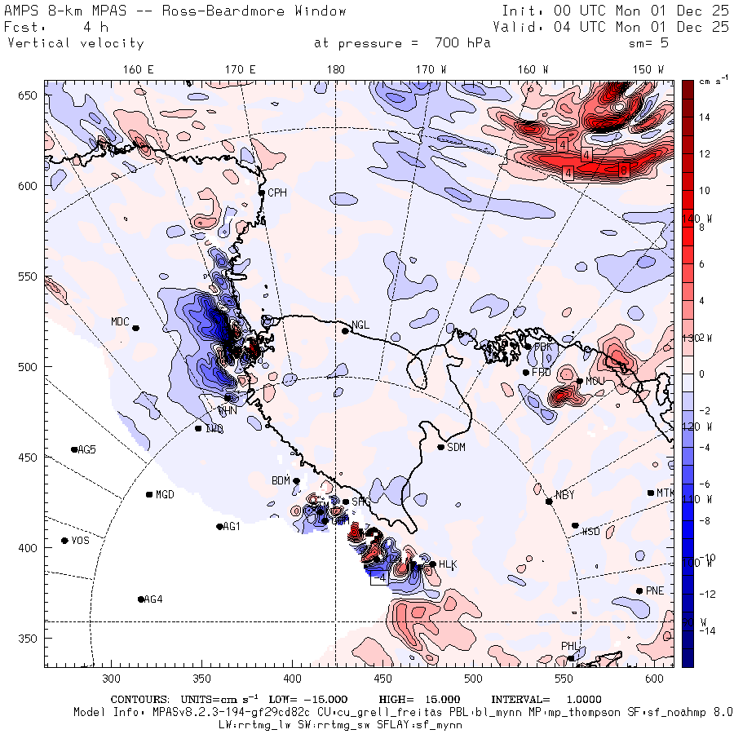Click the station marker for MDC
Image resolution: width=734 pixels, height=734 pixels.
(x=136, y=328)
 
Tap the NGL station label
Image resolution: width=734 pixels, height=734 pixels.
(x=360, y=325)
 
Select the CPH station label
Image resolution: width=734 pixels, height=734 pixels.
(x=278, y=193)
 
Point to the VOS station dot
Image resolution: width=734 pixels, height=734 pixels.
(x=64, y=541)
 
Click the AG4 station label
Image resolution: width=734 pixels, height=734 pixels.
(x=153, y=599)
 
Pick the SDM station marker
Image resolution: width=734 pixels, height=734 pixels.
(x=441, y=447)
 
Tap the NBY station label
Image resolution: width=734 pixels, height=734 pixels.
(x=564, y=495)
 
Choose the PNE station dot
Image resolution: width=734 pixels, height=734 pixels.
(x=639, y=590)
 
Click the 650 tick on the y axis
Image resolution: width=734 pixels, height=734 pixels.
(x=31, y=96)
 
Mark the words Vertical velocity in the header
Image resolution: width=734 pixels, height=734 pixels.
(x=75, y=43)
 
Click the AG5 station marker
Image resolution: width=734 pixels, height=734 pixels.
(x=74, y=449)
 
